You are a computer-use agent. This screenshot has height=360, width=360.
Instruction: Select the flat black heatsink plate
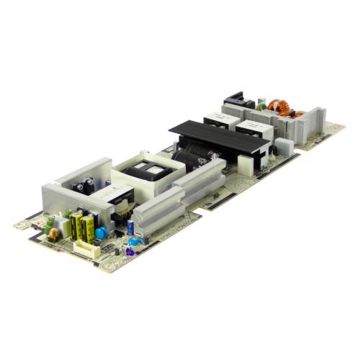pos(216,137)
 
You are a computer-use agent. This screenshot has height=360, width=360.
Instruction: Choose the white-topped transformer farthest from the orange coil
pos(217,119)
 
